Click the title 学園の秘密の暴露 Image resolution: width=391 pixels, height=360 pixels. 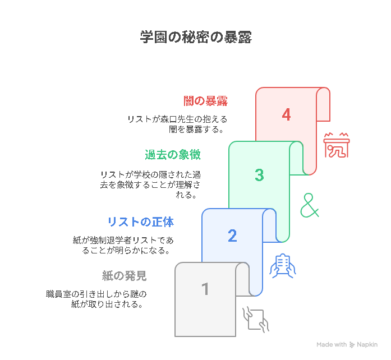click(x=196, y=37)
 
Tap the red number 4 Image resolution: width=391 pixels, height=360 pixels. click(x=286, y=115)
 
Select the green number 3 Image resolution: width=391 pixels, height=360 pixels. click(x=259, y=175)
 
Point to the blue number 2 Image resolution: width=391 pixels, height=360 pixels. click(x=232, y=236)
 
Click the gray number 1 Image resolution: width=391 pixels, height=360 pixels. click(x=205, y=289)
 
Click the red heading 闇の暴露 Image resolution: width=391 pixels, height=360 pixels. click(x=205, y=101)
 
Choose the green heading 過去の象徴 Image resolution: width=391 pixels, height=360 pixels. click(x=173, y=155)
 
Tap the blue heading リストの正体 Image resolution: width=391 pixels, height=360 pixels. click(x=141, y=222)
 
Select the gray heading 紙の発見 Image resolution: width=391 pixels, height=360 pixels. click(x=124, y=276)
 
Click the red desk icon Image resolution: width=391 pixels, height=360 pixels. click(x=337, y=145)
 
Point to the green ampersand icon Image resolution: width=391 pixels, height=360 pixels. click(x=310, y=205)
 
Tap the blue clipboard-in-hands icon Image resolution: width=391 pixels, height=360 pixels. click(x=283, y=266)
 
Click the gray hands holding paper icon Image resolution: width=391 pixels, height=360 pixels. click(x=256, y=320)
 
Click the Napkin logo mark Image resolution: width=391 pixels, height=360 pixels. click(x=352, y=344)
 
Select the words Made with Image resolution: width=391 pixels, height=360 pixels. click(x=332, y=344)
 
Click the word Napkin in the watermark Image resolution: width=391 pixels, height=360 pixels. click(x=367, y=345)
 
